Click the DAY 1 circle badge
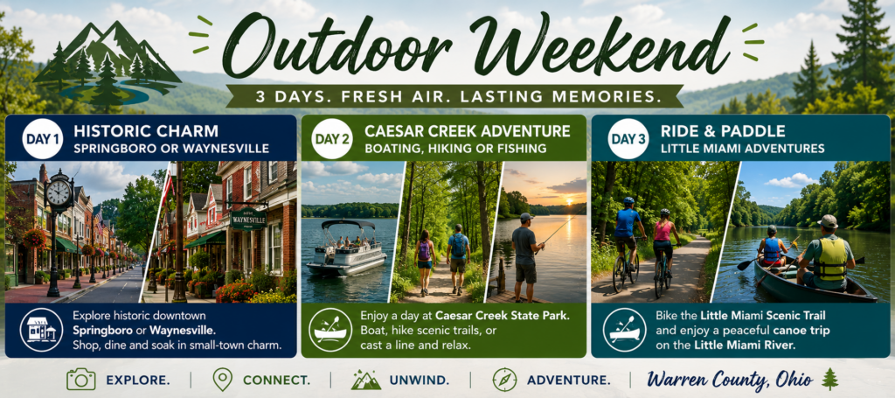43,139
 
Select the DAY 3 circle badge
628,139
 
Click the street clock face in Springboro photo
59,193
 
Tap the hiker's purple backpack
424,251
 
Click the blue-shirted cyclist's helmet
628,201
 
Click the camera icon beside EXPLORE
81,379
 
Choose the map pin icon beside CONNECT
222,379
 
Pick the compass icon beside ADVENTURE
504,380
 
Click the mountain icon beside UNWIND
366,380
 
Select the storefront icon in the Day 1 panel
41,330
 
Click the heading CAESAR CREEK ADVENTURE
467,131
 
